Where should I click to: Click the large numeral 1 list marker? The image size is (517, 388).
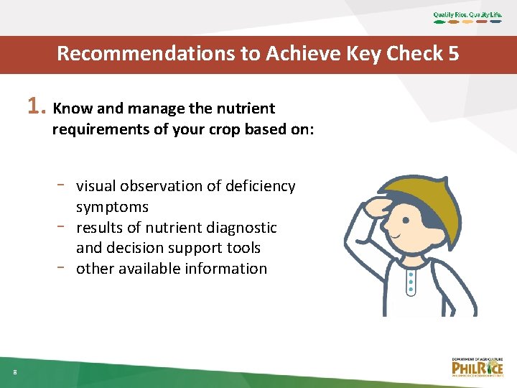[35, 107]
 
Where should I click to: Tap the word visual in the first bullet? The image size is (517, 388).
[96, 186]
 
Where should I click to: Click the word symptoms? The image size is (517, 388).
[112, 207]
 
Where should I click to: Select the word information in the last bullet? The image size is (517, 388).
[230, 269]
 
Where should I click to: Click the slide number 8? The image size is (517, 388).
[14, 371]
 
